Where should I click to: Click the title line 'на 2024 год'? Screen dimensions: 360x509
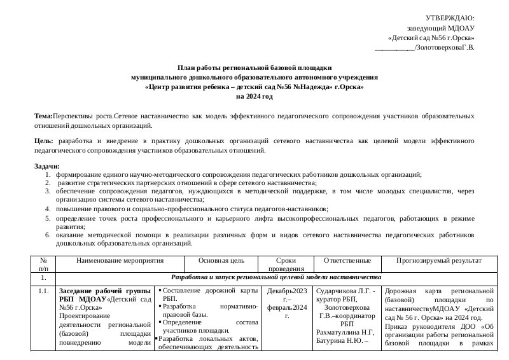(254, 97)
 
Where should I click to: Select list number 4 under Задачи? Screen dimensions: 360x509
(48, 209)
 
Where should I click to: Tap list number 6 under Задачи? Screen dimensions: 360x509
(48, 235)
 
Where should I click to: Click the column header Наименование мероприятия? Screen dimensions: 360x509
(120, 261)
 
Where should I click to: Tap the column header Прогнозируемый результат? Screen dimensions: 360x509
(438, 261)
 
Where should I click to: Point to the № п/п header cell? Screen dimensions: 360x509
(43, 265)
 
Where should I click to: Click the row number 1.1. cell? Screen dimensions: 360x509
(43, 291)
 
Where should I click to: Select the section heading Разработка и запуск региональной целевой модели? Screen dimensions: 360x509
(276, 278)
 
